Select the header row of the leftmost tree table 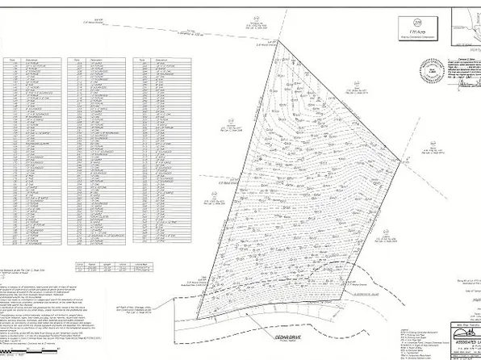(32, 59)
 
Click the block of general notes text (48, 311)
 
